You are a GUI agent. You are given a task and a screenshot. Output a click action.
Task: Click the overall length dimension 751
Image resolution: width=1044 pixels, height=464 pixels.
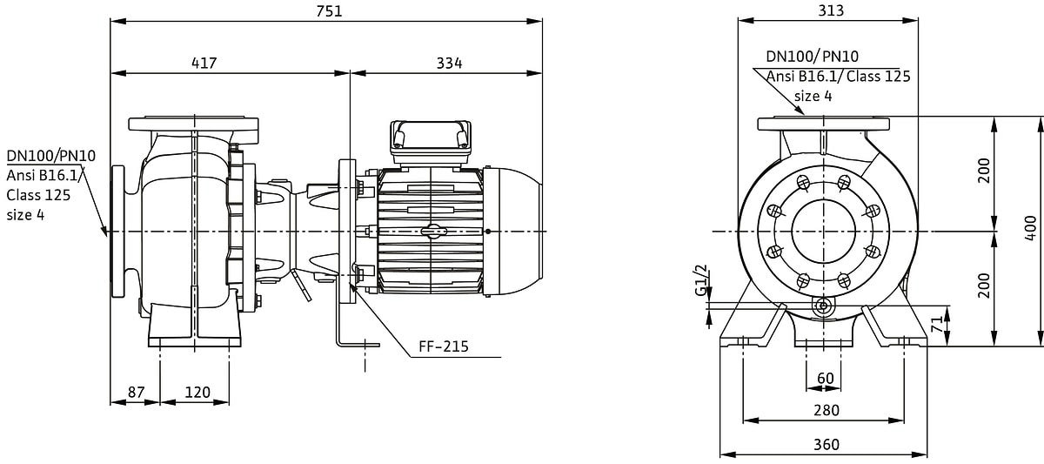(x=329, y=10)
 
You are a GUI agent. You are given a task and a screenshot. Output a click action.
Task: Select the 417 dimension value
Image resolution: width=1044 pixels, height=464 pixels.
(x=204, y=63)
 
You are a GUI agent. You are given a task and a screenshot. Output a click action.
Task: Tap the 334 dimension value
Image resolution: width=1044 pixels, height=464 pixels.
(x=449, y=63)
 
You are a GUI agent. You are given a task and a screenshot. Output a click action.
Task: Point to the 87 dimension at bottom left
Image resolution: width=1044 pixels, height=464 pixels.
(x=136, y=393)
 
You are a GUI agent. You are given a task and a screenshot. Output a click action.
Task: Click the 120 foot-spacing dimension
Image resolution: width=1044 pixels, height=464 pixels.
(x=197, y=393)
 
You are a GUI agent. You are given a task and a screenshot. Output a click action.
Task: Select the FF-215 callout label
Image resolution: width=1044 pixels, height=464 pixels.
(x=443, y=346)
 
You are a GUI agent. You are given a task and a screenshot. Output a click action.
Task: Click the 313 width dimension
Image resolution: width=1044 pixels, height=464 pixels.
(x=831, y=10)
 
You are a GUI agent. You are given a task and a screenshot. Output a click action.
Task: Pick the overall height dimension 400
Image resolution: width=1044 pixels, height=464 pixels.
(x=1031, y=228)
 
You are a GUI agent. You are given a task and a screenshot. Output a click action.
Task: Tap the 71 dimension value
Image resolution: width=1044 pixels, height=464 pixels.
(x=936, y=324)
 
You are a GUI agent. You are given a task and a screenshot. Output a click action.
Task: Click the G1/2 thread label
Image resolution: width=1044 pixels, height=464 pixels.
(x=701, y=280)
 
